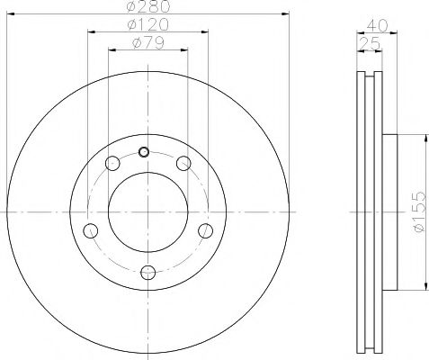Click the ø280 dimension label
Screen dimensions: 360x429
[x=147, y=8]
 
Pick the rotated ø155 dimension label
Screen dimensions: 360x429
[x=419, y=212]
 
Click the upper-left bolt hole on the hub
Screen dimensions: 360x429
[x=112, y=164]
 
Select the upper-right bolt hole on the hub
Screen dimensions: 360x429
[x=183, y=163]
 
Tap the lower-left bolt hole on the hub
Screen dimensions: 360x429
[x=90, y=230]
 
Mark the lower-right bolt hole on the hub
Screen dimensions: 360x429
[x=206, y=230]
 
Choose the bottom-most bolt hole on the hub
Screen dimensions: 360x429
[x=148, y=272]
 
